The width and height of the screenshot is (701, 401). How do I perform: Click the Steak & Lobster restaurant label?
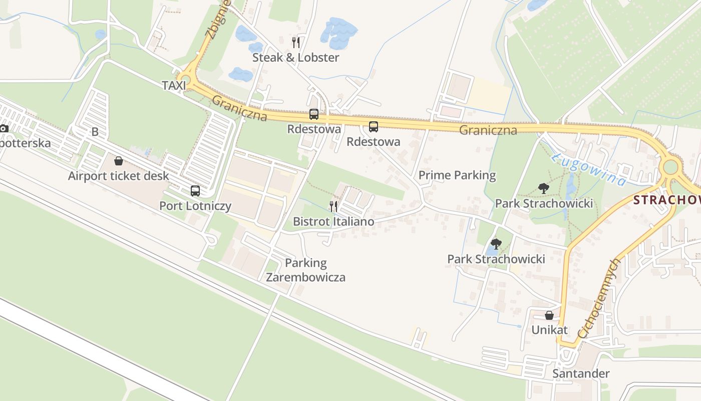pos(295,58)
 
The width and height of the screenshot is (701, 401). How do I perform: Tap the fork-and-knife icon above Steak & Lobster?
pos(296,43)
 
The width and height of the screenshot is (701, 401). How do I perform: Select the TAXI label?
pos(174,86)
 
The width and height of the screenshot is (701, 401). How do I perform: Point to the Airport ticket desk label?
pos(119,176)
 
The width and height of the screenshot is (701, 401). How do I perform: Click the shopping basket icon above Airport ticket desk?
pos(119,161)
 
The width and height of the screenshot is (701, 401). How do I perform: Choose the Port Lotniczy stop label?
pos(195,206)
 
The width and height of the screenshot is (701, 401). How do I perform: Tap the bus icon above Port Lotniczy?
pos(195,190)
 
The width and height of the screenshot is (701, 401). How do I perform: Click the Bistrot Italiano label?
pos(333,221)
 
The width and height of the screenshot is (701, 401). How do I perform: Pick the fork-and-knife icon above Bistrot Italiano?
pos(333,206)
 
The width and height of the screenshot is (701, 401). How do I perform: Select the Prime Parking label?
pos(457,175)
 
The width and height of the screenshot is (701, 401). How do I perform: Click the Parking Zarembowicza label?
pos(305,270)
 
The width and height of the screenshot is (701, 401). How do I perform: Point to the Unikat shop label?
pos(549,330)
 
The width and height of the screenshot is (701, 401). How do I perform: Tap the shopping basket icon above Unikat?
pos(549,315)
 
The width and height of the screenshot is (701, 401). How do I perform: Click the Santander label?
pos(581,373)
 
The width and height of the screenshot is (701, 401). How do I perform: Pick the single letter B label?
pos(95,132)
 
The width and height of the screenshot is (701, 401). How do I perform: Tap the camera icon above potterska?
pos(4,128)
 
